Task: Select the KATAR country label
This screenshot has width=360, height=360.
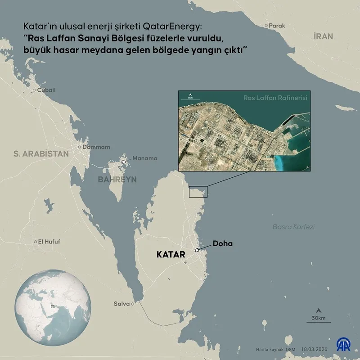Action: tap(171, 254)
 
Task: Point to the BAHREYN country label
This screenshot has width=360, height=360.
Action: tap(117, 180)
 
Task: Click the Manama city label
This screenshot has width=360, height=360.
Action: tap(145, 158)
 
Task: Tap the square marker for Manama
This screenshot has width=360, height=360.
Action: tap(124, 161)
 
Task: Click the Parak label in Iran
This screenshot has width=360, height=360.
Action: tap(276, 26)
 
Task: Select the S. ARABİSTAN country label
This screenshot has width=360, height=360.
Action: tap(41, 154)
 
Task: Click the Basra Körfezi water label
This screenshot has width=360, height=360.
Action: tap(293, 226)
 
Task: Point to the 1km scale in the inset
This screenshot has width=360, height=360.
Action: tap(190, 96)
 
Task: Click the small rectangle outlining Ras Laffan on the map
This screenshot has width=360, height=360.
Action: tap(198, 192)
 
